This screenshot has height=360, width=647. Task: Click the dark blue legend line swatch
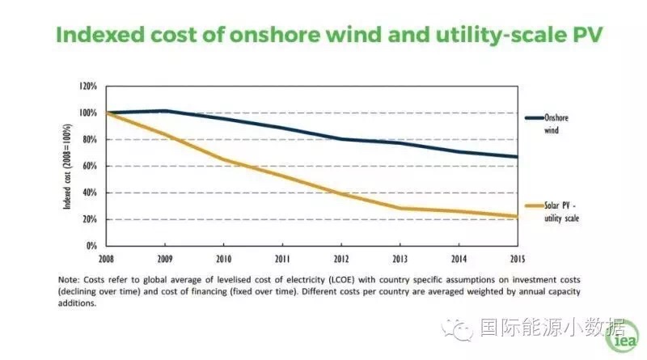pyautogui.click(x=533, y=118)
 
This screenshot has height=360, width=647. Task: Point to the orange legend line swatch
pyautogui.click(x=533, y=207)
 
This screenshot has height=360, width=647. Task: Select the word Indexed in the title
pyautogui.click(x=95, y=37)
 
